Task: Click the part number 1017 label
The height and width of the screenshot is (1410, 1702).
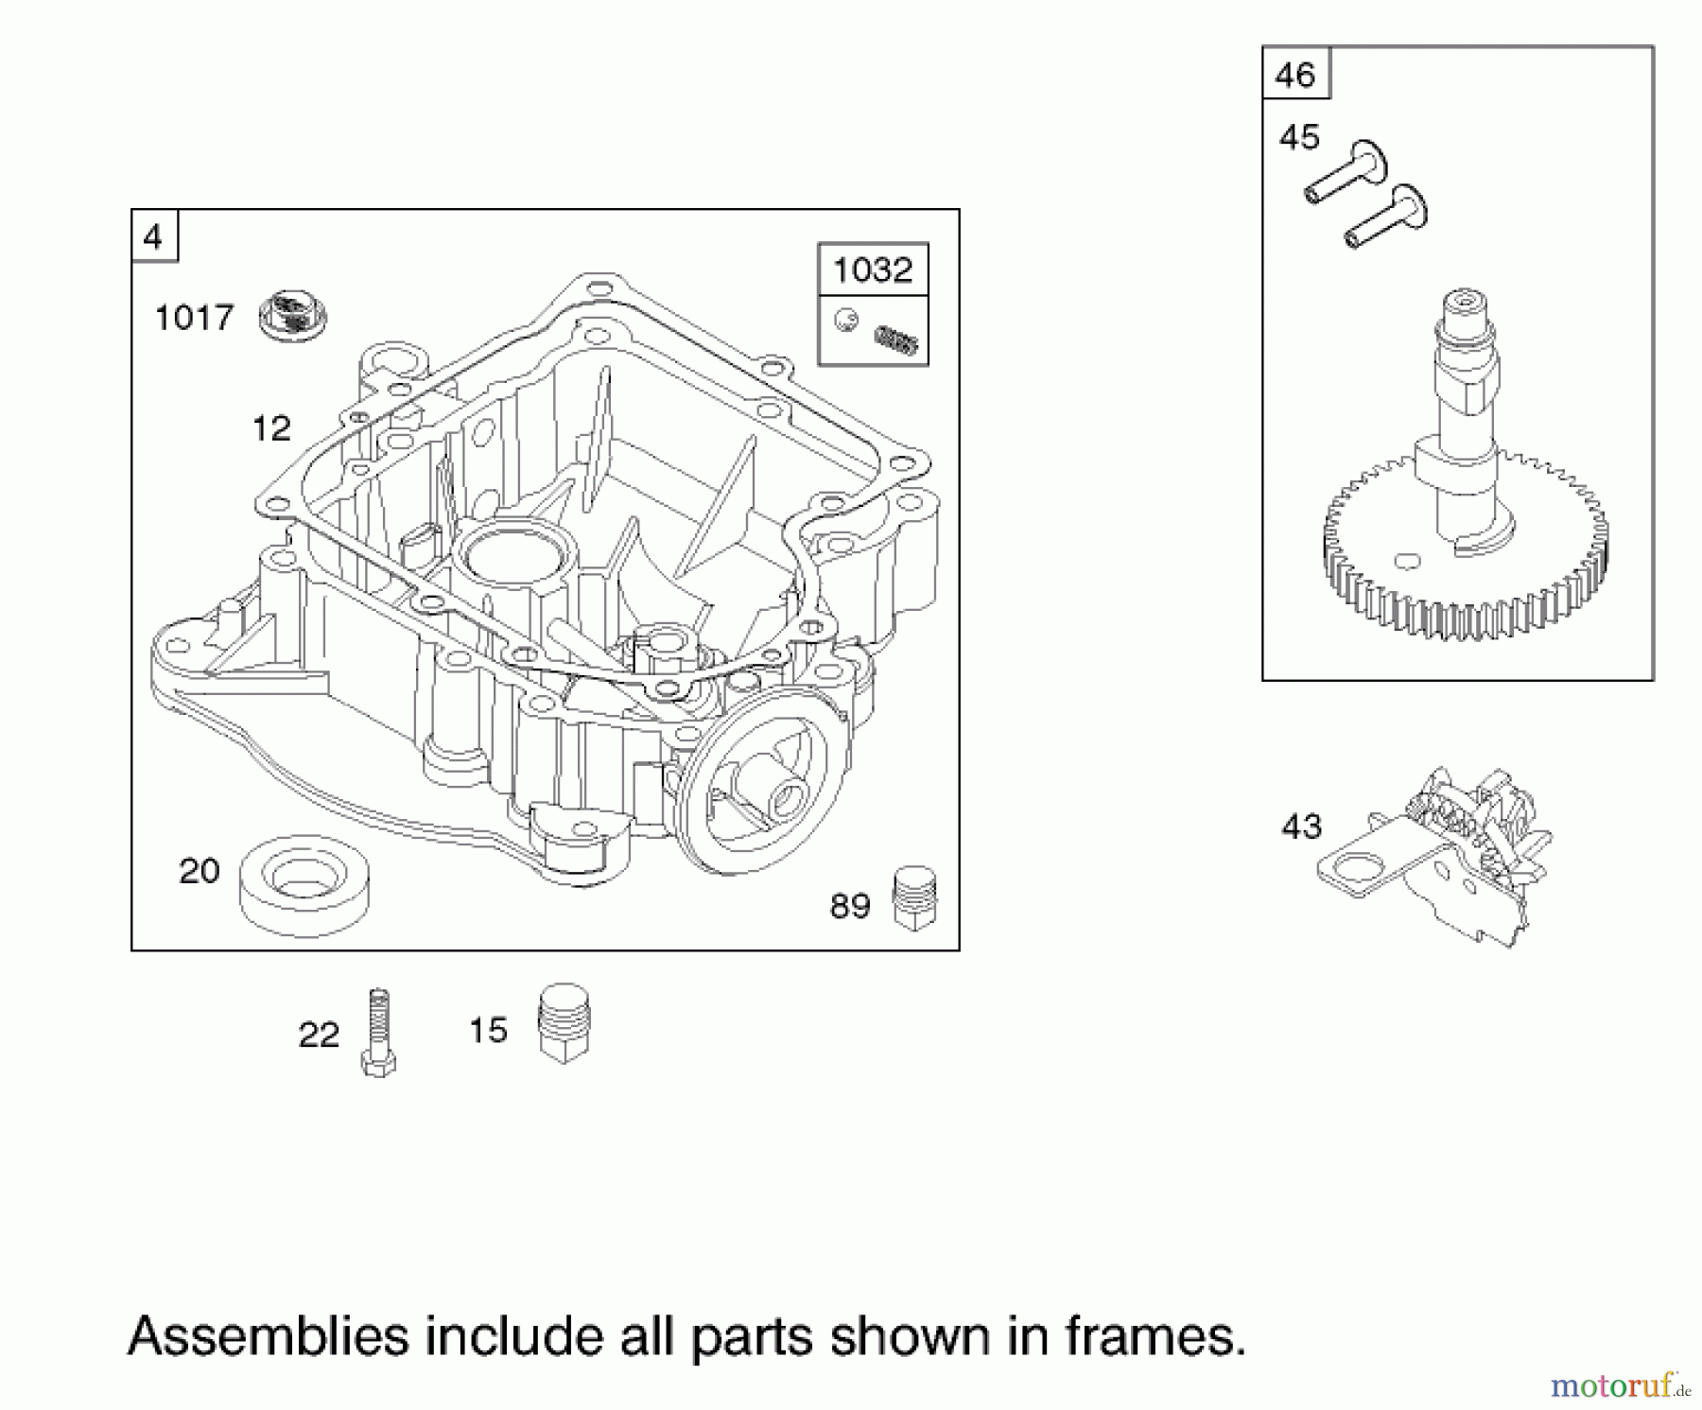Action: click(x=194, y=318)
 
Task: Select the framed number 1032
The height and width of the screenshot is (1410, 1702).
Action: click(x=873, y=270)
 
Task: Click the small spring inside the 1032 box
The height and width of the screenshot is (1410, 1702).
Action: click(x=897, y=339)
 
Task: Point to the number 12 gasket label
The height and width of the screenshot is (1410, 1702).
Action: click(x=271, y=429)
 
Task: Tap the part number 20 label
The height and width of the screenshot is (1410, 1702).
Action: click(x=199, y=871)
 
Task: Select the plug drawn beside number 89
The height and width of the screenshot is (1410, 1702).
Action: click(x=914, y=897)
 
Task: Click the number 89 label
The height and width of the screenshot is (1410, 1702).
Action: click(x=849, y=907)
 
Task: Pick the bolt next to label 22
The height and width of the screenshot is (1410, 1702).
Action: click(x=378, y=1032)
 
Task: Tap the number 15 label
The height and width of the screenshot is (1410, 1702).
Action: click(x=489, y=1031)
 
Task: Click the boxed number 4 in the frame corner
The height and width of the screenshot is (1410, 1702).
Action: click(x=153, y=236)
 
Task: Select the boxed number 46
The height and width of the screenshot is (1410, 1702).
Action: click(x=1294, y=74)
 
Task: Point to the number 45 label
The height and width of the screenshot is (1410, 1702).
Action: click(x=1298, y=138)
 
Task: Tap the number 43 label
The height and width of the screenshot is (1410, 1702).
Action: click(x=1301, y=827)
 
